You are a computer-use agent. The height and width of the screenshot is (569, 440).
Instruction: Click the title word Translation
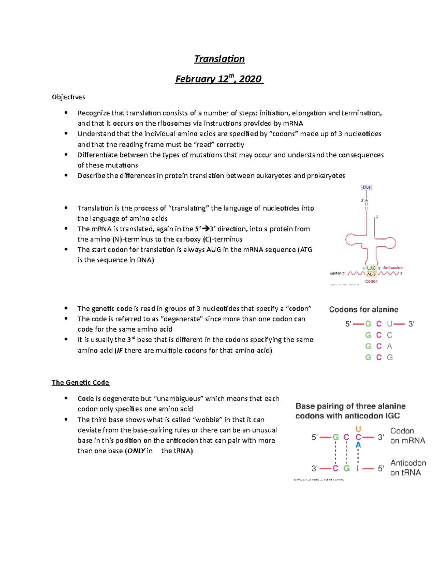click(219, 59)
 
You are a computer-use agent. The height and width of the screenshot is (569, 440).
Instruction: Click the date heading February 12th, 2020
click(219, 79)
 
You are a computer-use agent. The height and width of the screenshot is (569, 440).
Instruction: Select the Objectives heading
click(69, 97)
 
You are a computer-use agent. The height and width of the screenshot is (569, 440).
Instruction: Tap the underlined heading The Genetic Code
click(80, 383)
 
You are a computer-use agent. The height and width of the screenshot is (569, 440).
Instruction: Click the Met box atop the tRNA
click(367, 188)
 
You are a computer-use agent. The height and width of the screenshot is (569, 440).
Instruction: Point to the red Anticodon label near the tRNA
click(393, 268)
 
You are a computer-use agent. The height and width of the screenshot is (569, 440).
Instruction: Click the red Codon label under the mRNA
click(371, 281)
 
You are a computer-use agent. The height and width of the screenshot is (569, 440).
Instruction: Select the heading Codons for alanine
click(363, 310)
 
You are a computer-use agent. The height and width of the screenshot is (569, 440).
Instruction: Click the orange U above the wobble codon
click(358, 429)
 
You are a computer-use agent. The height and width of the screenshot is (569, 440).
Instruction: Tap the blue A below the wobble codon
click(358, 445)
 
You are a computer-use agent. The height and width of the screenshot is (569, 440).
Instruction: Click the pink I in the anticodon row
click(357, 468)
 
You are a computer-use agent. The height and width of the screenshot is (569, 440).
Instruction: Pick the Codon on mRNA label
click(407, 436)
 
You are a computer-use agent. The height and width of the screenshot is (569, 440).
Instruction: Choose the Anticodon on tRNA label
click(408, 468)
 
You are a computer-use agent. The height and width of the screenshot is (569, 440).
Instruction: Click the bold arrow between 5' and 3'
click(206, 229)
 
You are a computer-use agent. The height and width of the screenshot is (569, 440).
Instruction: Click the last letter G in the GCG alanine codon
click(390, 357)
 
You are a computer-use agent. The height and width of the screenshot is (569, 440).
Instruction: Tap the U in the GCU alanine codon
click(389, 324)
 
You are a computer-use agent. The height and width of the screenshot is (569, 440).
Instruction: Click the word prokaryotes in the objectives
click(326, 176)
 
